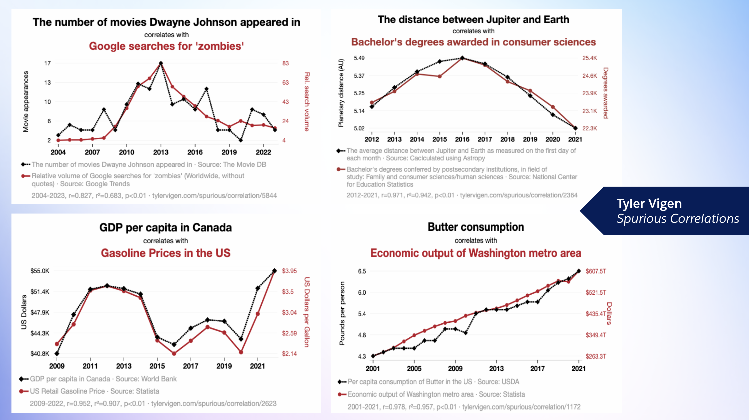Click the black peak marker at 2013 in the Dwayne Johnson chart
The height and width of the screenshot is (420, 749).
point(161,63)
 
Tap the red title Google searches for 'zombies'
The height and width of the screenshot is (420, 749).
point(166,46)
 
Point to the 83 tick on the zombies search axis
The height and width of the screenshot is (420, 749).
point(285,63)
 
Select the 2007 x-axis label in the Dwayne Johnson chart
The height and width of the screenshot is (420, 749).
point(92,152)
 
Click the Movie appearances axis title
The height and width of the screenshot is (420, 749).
point(26,101)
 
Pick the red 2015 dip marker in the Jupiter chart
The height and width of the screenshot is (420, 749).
point(440,76)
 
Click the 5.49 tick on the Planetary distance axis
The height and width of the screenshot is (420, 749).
point(359,58)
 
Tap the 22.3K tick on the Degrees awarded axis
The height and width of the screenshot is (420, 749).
point(589,128)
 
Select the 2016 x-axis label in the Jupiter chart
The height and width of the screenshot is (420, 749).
point(462,139)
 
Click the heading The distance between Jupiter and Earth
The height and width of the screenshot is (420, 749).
point(473,19)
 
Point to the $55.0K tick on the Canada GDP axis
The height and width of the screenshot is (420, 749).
point(40,271)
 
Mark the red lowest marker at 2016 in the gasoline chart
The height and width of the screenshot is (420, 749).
point(174,354)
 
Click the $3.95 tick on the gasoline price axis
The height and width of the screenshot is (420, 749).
point(289,271)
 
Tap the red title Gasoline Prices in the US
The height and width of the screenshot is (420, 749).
point(166,253)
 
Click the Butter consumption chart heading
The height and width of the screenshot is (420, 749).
point(476,227)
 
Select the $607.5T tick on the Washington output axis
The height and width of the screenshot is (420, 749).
point(596,271)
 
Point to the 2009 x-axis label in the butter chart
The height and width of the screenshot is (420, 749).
point(455,369)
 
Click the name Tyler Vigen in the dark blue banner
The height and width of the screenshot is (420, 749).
point(649,203)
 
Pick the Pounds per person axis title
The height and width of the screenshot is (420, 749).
point(342,313)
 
